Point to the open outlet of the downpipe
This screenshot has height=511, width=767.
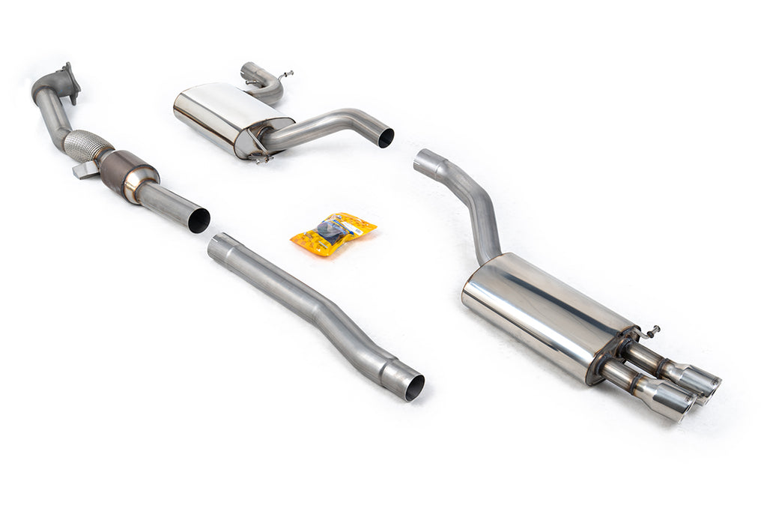click(198, 220)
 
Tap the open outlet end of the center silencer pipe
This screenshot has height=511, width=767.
click(385, 138)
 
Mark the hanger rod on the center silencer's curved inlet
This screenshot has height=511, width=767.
click(285, 75)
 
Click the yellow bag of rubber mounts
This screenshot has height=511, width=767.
click(333, 233)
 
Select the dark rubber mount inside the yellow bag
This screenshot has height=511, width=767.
click(330, 230)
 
